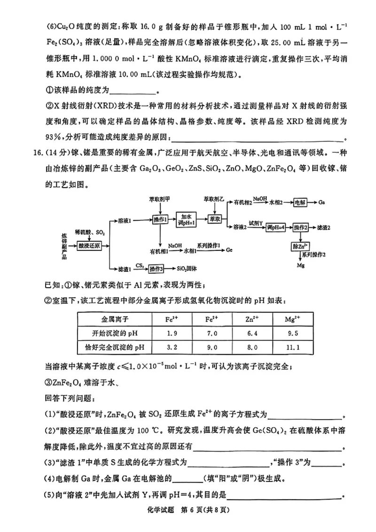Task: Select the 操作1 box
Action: coord(161,220)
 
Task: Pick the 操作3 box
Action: coord(156,269)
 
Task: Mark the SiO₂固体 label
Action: coord(186,269)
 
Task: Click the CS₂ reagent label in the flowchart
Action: coord(139,266)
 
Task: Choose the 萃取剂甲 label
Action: coord(161,199)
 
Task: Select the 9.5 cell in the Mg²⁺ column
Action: coord(292,334)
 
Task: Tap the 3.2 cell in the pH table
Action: coord(172,348)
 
